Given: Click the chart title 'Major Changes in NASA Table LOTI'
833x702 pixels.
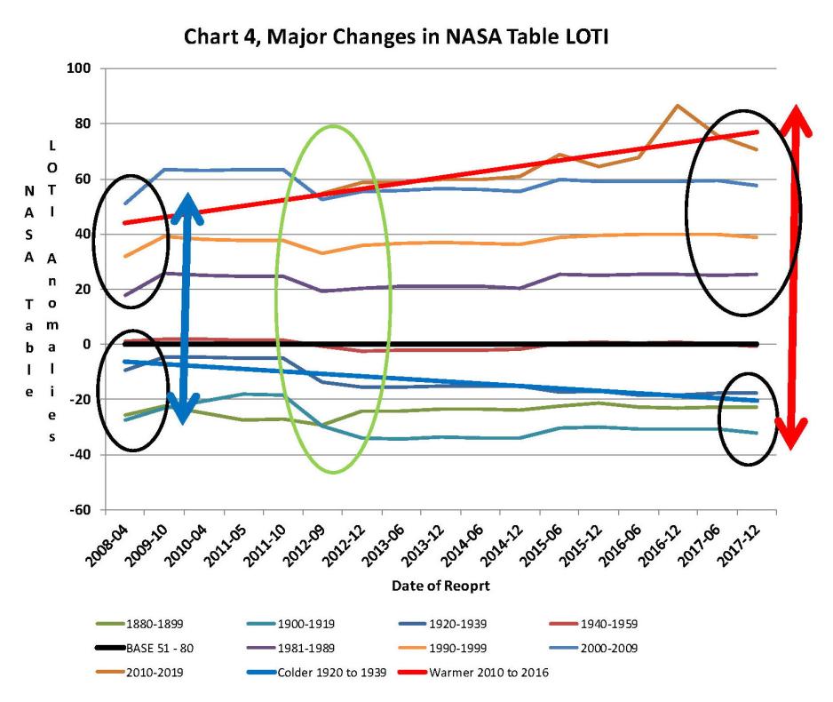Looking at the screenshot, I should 416,38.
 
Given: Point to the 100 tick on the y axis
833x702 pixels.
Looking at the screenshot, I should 83,68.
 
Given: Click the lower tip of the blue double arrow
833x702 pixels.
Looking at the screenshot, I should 183,421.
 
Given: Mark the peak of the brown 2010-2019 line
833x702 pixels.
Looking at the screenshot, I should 678,106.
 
